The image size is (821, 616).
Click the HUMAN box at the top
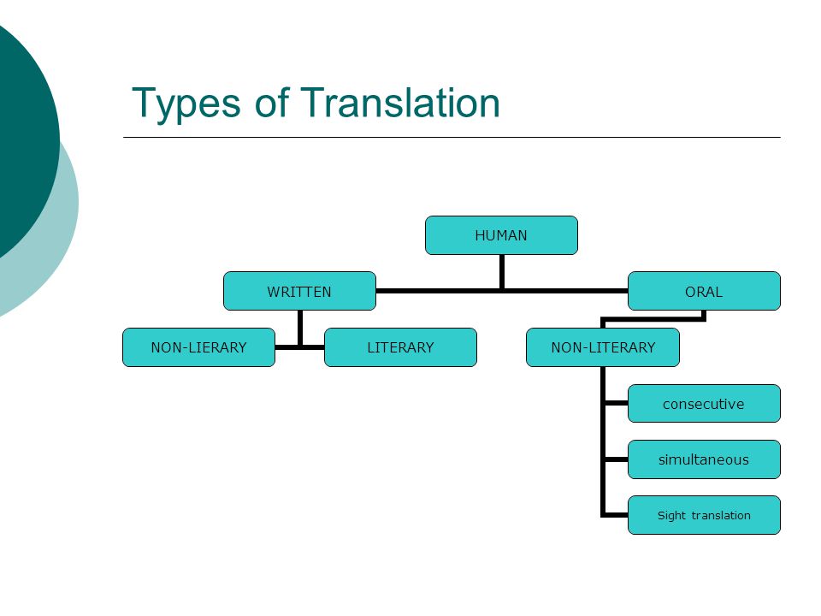pos(501,235)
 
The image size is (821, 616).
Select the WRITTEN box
pos(299,291)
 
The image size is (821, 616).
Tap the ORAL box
pos(704,291)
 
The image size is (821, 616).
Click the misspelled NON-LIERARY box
pos(199,347)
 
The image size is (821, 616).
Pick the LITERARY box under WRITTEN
pos(400,347)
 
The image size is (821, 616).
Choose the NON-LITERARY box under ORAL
pos(603,347)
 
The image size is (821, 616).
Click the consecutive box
pos(704,403)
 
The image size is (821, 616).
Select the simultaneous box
pos(704,459)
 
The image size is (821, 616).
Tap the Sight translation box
pos(704,515)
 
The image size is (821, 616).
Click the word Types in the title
pos(186,104)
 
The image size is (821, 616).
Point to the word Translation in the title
pos(400,102)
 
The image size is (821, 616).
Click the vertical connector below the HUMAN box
pos(502,272)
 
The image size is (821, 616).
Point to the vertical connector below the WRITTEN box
pos(300,329)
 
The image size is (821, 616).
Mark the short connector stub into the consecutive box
pos(616,403)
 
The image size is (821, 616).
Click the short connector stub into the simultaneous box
pos(616,459)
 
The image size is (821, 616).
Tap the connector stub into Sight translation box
pos(616,515)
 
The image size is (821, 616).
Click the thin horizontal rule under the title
pos(452,137)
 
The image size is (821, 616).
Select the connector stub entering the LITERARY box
pos(313,347)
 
